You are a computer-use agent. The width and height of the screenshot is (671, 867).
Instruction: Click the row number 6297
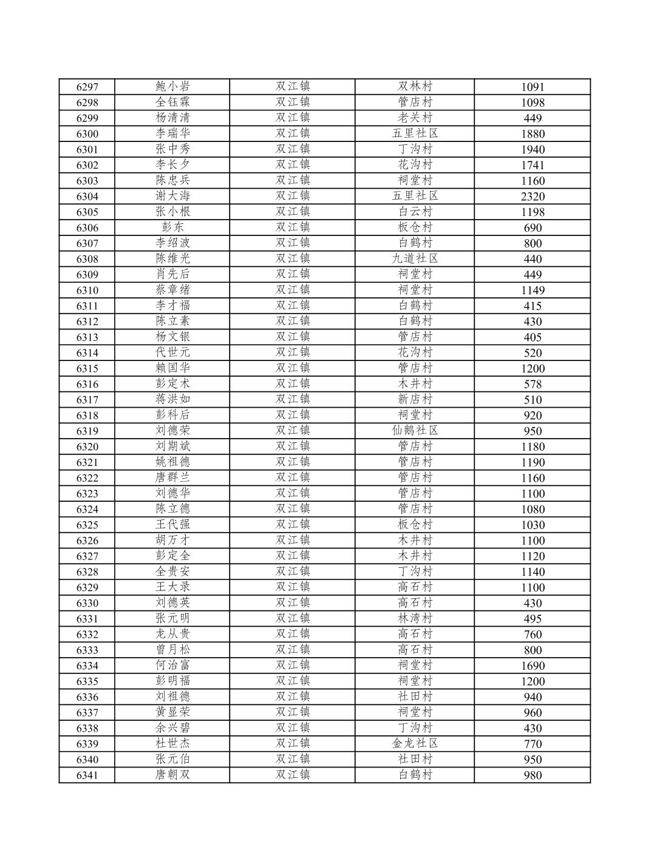pyautogui.click(x=87, y=87)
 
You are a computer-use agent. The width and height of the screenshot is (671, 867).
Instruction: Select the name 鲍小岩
pyautogui.click(x=172, y=87)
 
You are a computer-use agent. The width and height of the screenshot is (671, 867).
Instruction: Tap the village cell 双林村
pyautogui.click(x=415, y=87)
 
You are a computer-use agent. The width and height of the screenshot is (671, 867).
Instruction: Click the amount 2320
pyautogui.click(x=533, y=197)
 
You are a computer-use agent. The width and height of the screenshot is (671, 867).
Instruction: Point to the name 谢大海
pyautogui.click(x=172, y=196)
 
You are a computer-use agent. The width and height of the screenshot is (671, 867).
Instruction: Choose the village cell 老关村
pyautogui.click(x=415, y=118)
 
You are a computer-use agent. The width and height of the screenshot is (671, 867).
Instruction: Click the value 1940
pyautogui.click(x=533, y=149)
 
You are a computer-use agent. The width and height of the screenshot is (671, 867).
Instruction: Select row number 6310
pyautogui.click(x=87, y=290)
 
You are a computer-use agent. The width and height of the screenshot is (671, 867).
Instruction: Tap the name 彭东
pyautogui.click(x=172, y=228)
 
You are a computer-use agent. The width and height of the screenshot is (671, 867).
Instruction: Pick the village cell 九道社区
pyautogui.click(x=415, y=258)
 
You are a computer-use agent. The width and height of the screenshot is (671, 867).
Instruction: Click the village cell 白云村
pyautogui.click(x=415, y=212)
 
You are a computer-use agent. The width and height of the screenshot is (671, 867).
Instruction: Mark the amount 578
pyautogui.click(x=533, y=384)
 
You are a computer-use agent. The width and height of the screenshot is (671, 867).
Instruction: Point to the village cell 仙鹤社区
pyautogui.click(x=415, y=431)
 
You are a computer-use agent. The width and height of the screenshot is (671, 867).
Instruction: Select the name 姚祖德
pyautogui.click(x=172, y=462)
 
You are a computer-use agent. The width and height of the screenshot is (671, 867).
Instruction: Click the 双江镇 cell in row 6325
pyautogui.click(x=293, y=525)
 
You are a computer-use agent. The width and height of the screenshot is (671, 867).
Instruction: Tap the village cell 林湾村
pyautogui.click(x=415, y=618)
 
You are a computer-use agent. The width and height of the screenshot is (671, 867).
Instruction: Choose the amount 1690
pyautogui.click(x=533, y=666)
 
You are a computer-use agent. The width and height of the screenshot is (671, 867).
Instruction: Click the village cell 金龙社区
pyautogui.click(x=415, y=744)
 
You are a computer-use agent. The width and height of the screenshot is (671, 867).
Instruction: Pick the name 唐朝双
pyautogui.click(x=172, y=775)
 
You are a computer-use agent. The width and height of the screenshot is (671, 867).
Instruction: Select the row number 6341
pyautogui.click(x=87, y=775)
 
